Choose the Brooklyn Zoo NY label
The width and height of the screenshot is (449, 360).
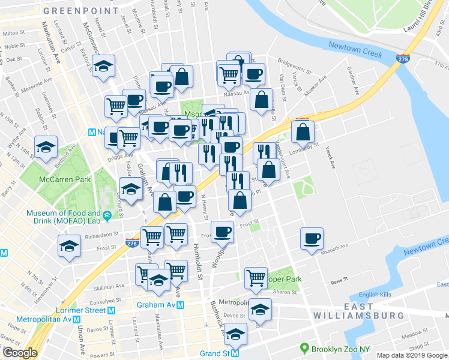(340, 348)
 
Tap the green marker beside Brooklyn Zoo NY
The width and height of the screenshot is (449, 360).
(306, 348)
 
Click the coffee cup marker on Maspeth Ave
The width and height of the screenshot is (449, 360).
(312, 239)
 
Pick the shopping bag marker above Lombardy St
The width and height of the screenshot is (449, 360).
(303, 131)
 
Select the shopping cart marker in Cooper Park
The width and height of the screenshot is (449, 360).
(256, 277)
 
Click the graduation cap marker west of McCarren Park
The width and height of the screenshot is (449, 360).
(46, 147)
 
